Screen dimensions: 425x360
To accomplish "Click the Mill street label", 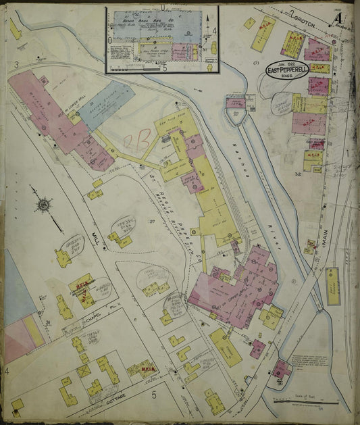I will (95, 239).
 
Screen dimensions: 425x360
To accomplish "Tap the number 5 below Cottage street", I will (153, 393).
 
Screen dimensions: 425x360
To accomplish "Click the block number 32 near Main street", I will (297, 174).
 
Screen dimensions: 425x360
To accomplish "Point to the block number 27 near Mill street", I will (153, 220).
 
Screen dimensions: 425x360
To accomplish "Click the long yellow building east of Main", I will (332, 284).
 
